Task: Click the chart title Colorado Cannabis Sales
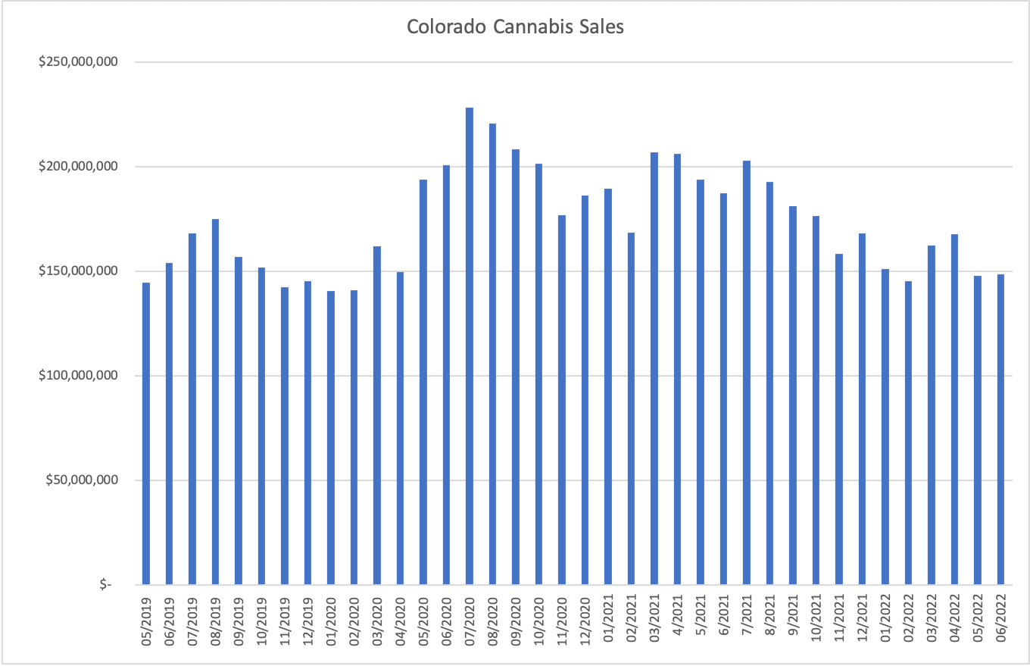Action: tap(515, 27)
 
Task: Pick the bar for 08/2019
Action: tap(215, 402)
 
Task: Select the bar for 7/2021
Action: tap(747, 372)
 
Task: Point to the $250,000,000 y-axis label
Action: tap(78, 62)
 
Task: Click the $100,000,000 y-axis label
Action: tap(78, 376)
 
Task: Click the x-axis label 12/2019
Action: tap(308, 622)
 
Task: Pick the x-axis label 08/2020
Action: tap(493, 622)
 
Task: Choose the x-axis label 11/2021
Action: tap(839, 622)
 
